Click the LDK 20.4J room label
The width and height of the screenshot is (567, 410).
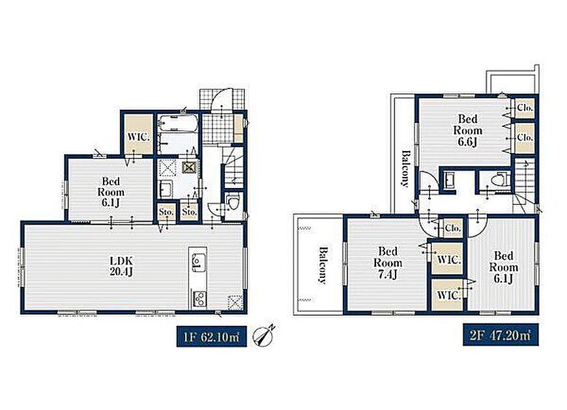pos(121,266)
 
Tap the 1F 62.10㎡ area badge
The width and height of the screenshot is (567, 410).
pos(212,336)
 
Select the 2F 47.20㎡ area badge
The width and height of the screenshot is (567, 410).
pos(501,335)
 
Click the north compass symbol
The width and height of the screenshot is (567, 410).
pos(265,336)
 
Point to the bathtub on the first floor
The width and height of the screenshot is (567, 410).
pos(179,123)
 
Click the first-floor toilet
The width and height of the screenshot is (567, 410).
pos(233,202)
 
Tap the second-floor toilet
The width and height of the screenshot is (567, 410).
pos(502,179)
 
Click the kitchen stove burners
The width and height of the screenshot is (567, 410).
pos(199,299)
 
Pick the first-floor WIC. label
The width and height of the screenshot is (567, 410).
pos(139,137)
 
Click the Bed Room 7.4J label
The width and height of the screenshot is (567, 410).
pos(388,263)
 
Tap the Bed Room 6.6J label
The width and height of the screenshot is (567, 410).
pos(467,130)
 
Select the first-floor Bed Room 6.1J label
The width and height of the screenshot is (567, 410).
pos(111,192)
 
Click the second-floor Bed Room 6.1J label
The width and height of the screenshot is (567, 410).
pos(503,267)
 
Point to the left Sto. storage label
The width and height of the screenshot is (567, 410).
pos(166,212)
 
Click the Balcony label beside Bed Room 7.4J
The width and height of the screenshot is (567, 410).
pos(323,265)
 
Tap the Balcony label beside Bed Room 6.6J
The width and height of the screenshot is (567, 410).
pos(406,169)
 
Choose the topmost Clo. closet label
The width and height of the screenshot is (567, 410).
pos(525,107)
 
